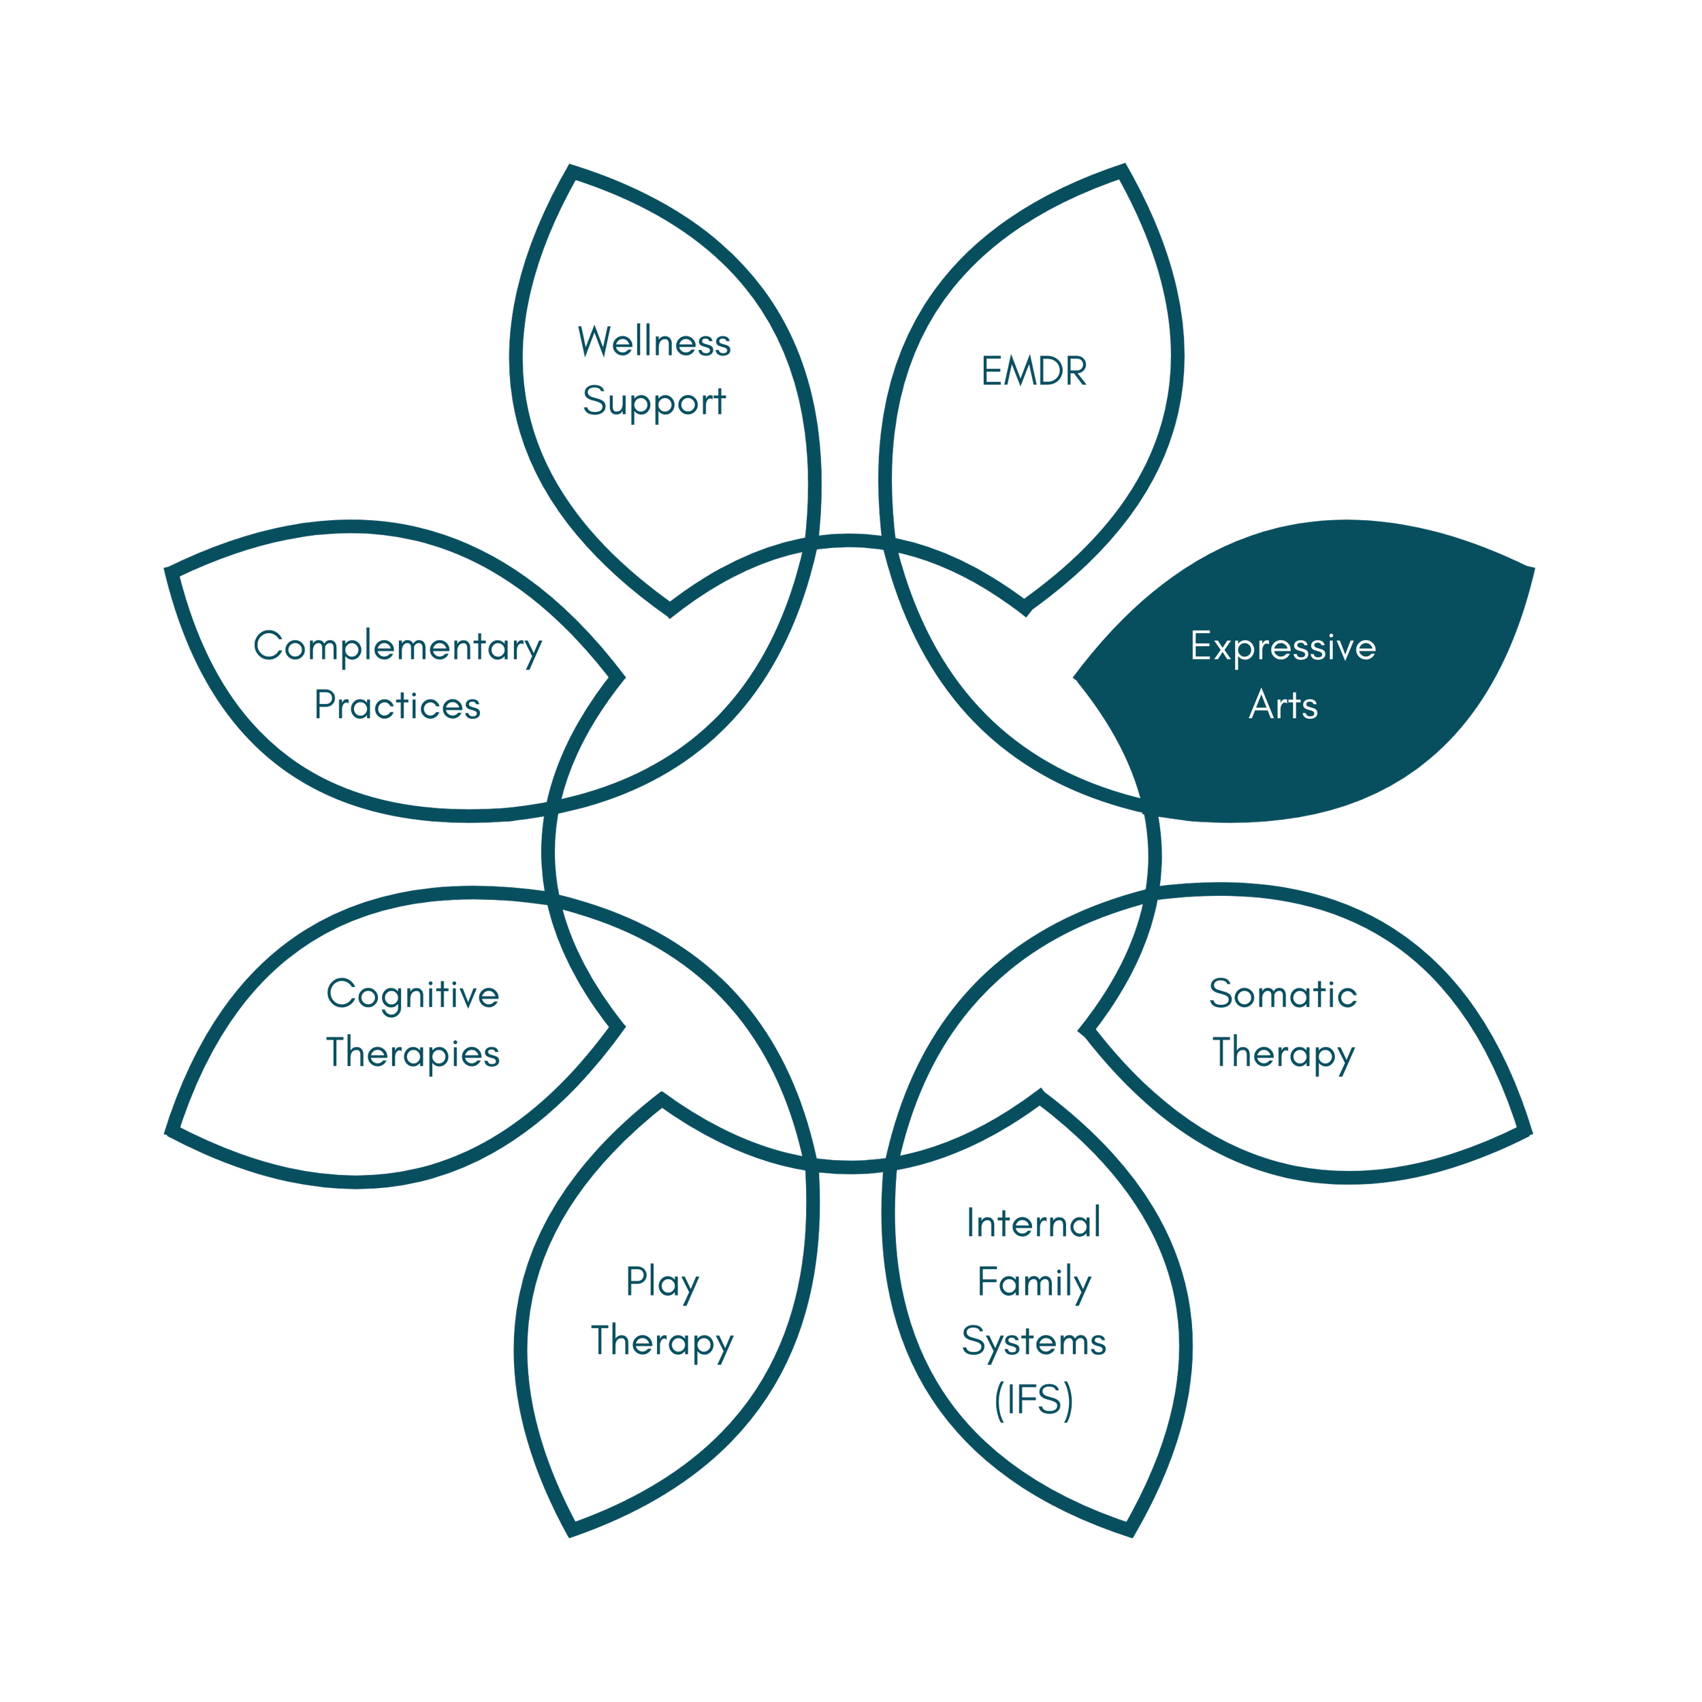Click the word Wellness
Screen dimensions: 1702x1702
[654, 342]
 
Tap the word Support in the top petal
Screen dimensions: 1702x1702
[654, 402]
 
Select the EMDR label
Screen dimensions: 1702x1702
[1034, 372]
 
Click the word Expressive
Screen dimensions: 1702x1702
[1283, 647]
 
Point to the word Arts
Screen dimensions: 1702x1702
[1283, 705]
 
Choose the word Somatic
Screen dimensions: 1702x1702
[1283, 995]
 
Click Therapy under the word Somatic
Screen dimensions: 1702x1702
[1283, 1054]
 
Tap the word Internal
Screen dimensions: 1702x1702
[1033, 1223]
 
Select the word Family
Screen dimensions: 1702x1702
[1033, 1283]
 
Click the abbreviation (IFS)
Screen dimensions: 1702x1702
[1033, 1400]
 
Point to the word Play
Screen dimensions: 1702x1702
[662, 1283]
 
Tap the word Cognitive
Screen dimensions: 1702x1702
[413, 995]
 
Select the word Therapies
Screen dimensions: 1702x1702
[413, 1054]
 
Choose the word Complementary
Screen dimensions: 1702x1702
[398, 647]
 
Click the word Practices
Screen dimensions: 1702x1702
[398, 705]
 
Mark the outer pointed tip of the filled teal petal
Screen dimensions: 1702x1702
[1531, 569]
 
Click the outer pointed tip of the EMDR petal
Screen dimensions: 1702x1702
[1123, 168]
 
